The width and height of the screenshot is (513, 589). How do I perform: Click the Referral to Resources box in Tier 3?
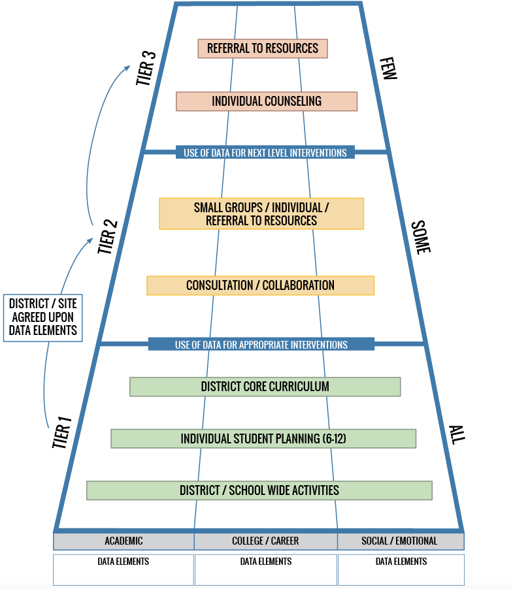point(263,48)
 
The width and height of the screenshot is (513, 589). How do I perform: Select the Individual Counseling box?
point(267,101)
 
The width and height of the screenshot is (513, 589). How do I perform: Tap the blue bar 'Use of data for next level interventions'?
point(265,153)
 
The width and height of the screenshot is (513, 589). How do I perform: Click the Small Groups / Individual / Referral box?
point(261,214)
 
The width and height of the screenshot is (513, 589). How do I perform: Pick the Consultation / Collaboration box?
point(260,285)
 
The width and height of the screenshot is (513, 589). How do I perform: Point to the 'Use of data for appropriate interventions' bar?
point(261,344)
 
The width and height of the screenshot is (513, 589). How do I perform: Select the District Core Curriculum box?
point(265,387)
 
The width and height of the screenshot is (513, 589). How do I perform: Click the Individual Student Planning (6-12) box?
point(263,439)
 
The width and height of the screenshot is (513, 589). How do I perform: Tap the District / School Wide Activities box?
point(259,490)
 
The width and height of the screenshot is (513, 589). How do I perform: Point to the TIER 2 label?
point(108,236)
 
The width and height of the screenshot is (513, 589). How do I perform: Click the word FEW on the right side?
point(388,68)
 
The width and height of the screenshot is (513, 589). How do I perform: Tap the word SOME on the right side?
point(421,237)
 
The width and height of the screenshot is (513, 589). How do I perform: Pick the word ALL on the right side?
point(456,434)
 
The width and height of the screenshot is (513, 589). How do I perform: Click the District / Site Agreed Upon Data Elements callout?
point(43,317)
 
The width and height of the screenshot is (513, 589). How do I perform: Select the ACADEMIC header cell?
point(124,541)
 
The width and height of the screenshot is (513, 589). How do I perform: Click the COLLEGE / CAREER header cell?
point(265,541)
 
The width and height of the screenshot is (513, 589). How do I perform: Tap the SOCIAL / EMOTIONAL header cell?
point(400,541)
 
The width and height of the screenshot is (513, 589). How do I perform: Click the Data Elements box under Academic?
point(124,569)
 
